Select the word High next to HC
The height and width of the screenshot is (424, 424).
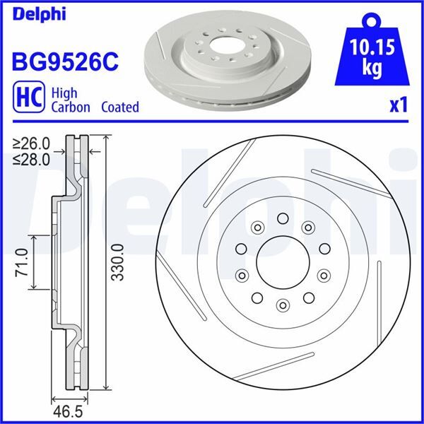68,92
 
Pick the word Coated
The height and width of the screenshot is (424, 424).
120,107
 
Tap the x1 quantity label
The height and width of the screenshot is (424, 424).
399,106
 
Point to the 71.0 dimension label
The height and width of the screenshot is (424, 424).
20,262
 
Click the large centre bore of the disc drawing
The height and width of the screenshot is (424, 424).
282,262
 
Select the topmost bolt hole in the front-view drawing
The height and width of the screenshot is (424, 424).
282,218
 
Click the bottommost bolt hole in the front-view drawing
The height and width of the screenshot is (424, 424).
283,305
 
